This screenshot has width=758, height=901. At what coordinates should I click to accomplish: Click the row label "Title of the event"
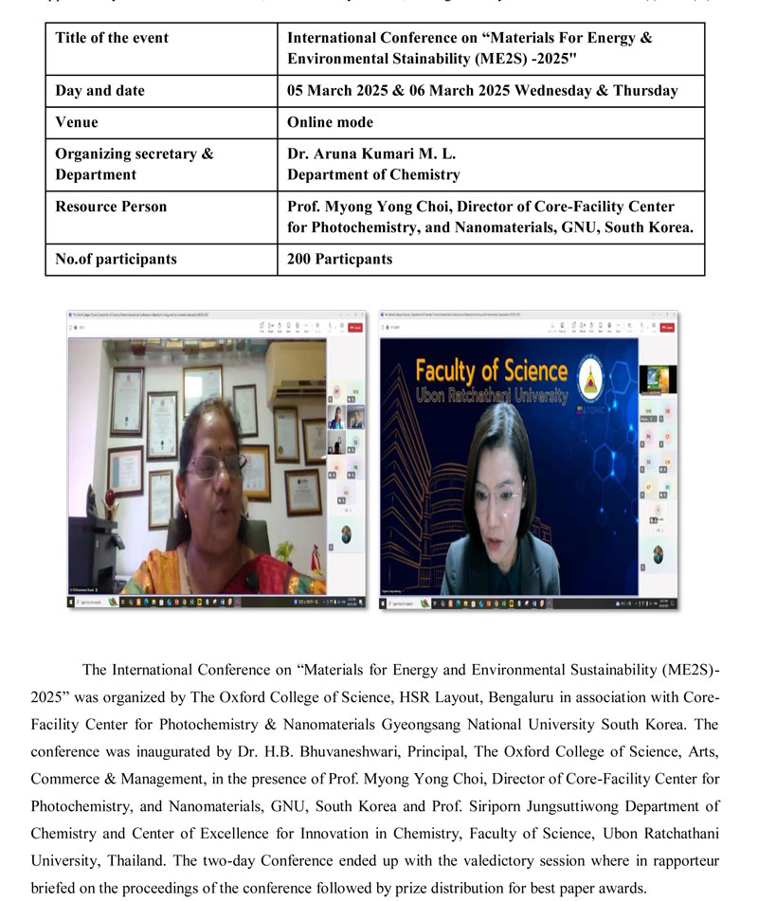point(112,39)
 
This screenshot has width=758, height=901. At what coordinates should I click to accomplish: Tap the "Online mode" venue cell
point(330,122)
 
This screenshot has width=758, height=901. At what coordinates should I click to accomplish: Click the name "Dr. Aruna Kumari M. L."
point(363,153)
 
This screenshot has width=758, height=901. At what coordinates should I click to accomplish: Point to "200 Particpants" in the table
point(339,259)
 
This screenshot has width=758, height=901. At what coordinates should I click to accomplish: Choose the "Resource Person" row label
point(111,207)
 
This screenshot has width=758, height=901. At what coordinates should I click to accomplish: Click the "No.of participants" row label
point(116,259)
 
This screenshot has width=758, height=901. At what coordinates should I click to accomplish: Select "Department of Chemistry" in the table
point(373,174)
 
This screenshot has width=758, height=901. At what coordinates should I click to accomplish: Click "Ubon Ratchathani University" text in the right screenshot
point(492,394)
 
